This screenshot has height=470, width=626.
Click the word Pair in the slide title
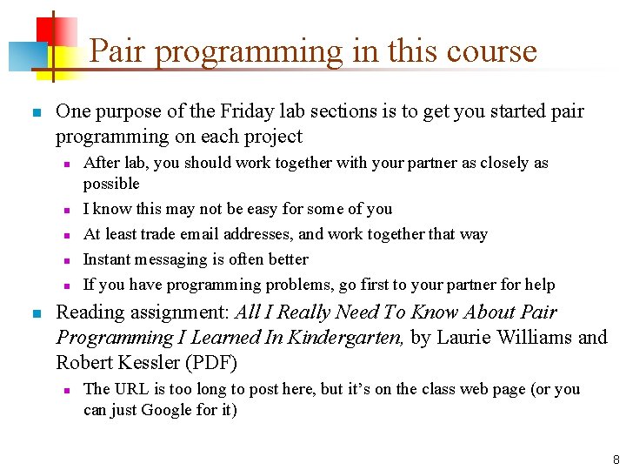coord(117,51)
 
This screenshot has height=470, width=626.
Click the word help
coord(538,285)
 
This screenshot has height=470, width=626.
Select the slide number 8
coord(616,459)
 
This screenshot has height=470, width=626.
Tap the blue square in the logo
coord(23,57)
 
